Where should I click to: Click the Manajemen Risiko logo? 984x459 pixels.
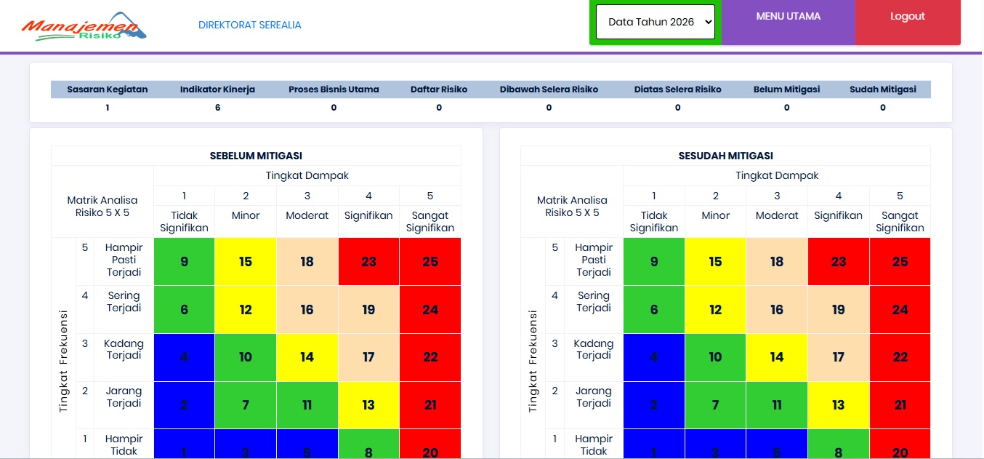(x=84, y=26)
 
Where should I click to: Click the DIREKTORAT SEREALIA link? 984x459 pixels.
(x=249, y=25)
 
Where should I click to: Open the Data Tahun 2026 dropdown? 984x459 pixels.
(x=655, y=22)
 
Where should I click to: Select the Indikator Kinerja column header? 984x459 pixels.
(x=217, y=89)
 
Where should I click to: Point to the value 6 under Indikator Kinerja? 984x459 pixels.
(x=217, y=107)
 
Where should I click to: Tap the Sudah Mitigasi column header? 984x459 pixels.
(x=882, y=89)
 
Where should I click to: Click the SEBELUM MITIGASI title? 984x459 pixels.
(x=256, y=156)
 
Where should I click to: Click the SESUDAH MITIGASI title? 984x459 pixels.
(x=726, y=156)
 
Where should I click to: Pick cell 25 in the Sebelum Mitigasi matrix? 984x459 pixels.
(x=430, y=262)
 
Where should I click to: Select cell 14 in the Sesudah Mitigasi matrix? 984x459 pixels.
(x=777, y=357)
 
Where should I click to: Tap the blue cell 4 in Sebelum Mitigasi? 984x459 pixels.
(x=184, y=357)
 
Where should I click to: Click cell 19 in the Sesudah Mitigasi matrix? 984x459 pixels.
(x=838, y=310)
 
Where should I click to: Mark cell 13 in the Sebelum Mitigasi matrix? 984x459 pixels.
(x=368, y=405)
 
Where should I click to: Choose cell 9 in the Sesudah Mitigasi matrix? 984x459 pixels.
(x=653, y=262)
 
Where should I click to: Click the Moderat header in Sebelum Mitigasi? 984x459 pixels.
(x=307, y=215)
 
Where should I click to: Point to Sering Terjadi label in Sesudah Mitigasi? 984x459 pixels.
(x=594, y=302)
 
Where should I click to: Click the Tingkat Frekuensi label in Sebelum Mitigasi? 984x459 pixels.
(x=63, y=362)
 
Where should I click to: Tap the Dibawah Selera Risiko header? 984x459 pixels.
(x=549, y=89)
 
